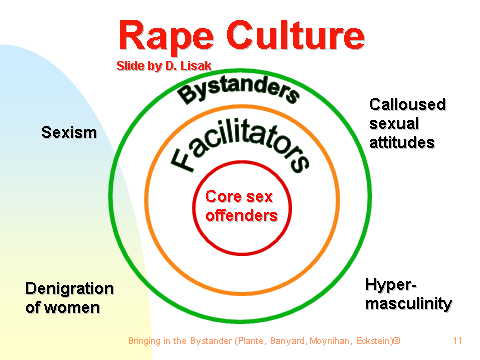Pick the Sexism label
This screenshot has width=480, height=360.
(69, 132)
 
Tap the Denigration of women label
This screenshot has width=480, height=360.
(69, 298)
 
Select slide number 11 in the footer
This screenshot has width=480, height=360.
(456, 341)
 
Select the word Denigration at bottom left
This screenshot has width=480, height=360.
(69, 289)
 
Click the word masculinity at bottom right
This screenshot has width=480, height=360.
(408, 303)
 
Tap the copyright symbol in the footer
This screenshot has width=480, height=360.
(396, 341)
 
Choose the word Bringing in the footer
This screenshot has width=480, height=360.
(146, 341)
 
